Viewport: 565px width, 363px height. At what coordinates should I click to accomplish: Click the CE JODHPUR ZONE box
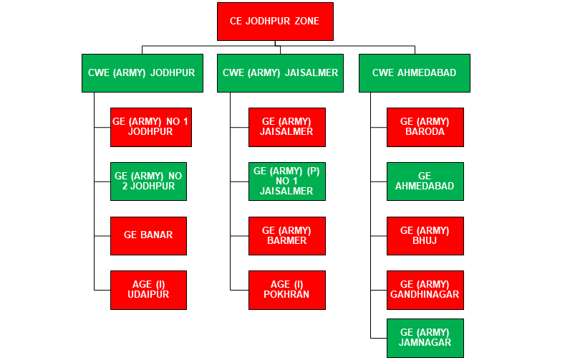point(274,22)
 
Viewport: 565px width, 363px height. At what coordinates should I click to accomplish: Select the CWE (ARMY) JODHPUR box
point(141,72)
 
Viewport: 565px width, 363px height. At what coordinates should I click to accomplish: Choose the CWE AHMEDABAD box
point(414,72)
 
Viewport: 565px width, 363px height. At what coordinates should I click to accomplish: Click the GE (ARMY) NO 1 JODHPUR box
point(150,127)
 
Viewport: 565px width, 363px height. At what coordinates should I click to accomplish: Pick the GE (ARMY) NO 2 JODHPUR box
point(148,181)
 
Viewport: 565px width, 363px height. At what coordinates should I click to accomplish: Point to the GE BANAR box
point(148,235)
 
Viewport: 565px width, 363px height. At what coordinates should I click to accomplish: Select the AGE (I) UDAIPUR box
point(148,290)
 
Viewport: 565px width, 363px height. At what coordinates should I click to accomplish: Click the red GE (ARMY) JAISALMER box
point(286,127)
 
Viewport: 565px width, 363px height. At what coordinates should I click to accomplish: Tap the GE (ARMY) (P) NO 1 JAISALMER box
point(286,181)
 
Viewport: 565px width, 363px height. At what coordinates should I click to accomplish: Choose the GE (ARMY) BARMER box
point(286,235)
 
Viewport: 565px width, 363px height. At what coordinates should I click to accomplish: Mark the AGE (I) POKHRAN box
point(286,290)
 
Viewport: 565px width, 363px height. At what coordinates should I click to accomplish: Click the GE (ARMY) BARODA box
point(425,127)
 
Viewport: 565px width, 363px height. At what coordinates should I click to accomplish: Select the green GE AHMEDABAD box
point(425,181)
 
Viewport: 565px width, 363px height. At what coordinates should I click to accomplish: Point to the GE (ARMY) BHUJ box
point(425,235)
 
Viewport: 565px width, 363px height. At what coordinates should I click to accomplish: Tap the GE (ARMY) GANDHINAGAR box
point(425,290)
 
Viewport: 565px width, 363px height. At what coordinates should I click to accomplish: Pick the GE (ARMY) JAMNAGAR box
point(425,338)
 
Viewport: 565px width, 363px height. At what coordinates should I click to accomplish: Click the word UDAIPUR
point(148,295)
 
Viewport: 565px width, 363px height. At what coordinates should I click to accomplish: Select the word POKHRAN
point(286,295)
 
